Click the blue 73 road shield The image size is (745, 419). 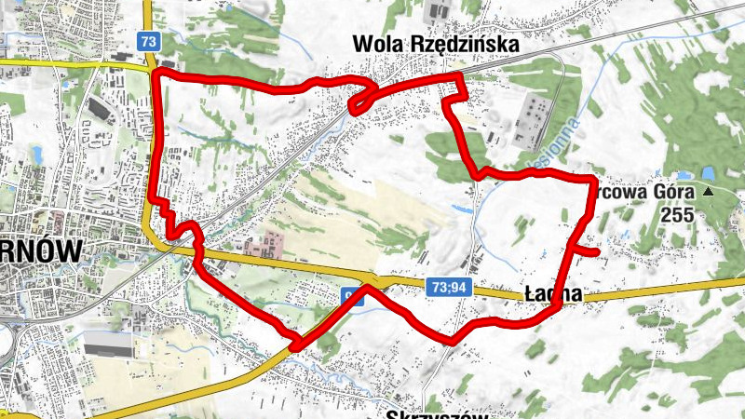[147, 41]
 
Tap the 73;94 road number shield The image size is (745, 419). [449, 289]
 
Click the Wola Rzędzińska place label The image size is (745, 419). [433, 44]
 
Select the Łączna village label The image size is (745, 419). [553, 294]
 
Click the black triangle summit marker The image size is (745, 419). [708, 192]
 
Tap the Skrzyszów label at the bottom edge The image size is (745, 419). [437, 413]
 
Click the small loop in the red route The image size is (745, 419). [363, 97]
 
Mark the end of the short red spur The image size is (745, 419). [595, 250]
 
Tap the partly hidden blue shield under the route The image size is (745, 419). [350, 296]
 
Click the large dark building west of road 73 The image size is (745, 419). [97, 109]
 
